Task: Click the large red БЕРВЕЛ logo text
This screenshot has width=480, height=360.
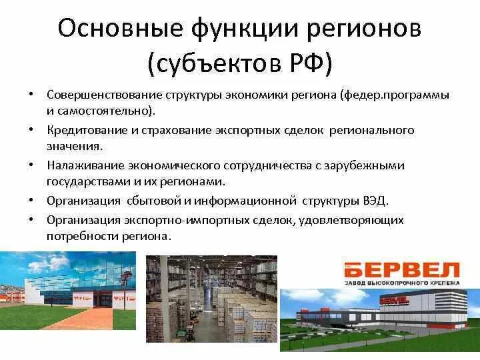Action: pos(401,270)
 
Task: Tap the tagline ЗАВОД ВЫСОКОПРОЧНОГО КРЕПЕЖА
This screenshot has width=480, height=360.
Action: pos(401,283)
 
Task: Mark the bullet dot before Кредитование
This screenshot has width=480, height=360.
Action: pos(31,128)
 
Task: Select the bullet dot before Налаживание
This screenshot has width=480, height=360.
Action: pos(31,163)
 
